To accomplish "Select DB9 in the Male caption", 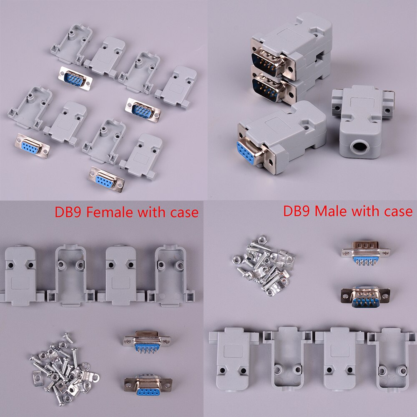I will coord(297,211).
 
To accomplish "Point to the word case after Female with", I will coord(181,212).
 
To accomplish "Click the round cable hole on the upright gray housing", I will coord(360,147).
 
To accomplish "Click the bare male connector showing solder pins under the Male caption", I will coord(365,252).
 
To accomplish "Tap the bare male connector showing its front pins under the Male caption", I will coord(365,297).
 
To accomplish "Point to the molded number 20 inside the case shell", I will coord(389,379).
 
